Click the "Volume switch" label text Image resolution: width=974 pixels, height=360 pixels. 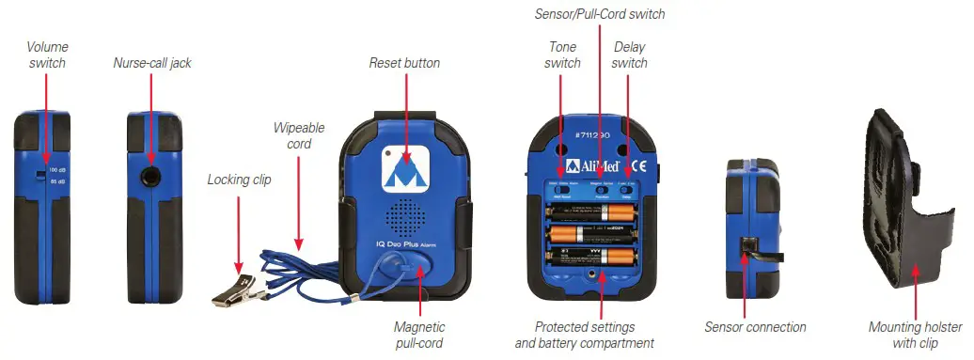click(46, 55)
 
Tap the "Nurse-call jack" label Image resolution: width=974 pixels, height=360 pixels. click(151, 63)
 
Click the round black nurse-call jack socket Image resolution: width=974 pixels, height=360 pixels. click(150, 175)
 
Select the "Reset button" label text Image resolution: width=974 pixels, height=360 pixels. click(404, 63)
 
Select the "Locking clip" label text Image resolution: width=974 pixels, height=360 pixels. click(240, 179)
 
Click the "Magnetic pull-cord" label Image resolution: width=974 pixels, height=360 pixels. click(418, 335)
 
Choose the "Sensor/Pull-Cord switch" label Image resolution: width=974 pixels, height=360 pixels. click(599, 14)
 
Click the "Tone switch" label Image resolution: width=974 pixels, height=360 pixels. click(563, 55)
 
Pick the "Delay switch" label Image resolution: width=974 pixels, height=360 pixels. click(629, 55)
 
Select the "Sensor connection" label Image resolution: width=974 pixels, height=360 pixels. click(755, 327)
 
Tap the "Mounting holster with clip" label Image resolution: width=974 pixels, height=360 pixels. click(915, 335)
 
